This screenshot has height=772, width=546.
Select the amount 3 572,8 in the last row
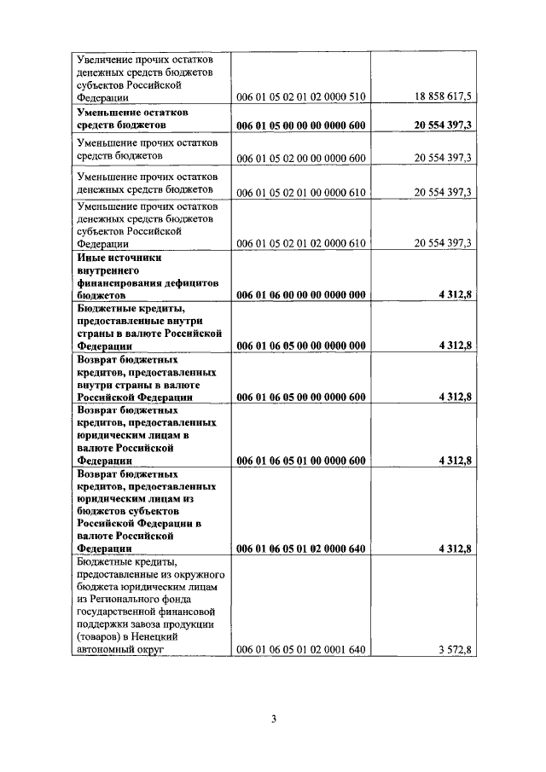coord(455,650)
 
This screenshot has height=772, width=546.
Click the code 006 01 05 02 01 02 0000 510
coord(300,97)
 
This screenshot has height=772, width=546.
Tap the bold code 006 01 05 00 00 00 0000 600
coord(300,125)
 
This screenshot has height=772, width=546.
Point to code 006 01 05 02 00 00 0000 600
coord(300,158)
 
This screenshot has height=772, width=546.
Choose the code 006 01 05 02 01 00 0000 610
coord(300,191)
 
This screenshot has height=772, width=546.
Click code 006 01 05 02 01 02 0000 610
coord(300,243)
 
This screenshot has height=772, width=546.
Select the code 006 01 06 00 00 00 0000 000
coord(300,295)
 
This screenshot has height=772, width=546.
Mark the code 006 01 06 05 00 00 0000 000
coord(300,345)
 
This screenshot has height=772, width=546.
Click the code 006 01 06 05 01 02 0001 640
coord(300,650)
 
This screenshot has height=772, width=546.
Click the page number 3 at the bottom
coord(273,718)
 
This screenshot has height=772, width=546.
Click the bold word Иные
coord(92,257)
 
